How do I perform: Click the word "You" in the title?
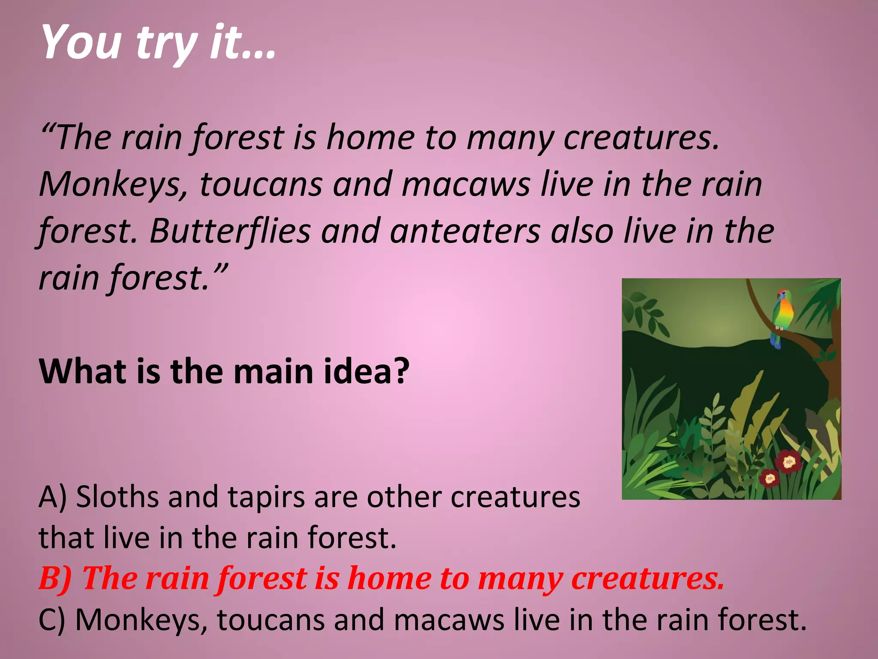(x=81, y=42)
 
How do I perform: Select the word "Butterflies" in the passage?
(x=230, y=231)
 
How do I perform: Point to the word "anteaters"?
(x=466, y=231)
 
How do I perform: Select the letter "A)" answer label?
(x=53, y=497)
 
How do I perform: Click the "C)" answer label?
(x=52, y=620)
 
